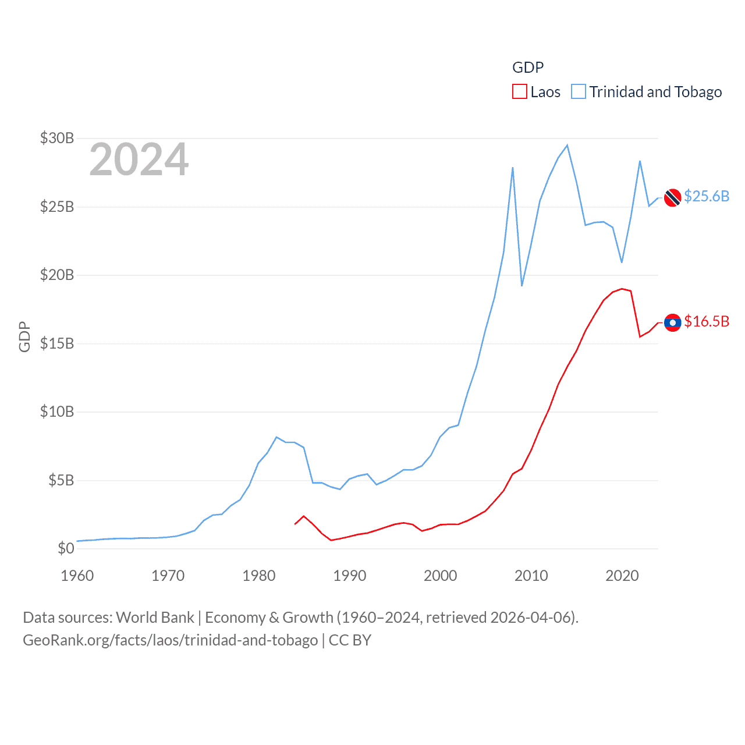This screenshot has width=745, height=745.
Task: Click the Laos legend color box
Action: click(519, 92)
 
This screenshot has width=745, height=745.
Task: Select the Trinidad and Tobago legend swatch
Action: click(578, 92)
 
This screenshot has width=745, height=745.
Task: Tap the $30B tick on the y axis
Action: click(57, 138)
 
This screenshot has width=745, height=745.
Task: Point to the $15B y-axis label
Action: click(57, 343)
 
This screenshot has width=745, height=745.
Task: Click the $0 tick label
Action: click(66, 548)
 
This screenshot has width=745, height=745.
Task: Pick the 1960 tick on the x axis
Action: click(77, 576)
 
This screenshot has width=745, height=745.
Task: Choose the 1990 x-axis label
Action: click(349, 576)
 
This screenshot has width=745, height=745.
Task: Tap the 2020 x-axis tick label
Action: click(622, 576)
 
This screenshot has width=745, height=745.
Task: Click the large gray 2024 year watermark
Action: click(139, 159)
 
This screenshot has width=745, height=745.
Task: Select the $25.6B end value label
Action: click(706, 196)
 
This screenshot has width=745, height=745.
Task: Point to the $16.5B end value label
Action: click(706, 321)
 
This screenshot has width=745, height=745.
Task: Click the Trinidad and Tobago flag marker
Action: click(672, 198)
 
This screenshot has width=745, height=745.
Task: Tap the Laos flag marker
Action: click(672, 322)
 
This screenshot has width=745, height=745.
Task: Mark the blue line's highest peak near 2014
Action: click(567, 145)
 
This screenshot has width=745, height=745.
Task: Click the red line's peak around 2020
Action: click(622, 289)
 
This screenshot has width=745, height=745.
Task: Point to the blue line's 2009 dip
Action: click(522, 286)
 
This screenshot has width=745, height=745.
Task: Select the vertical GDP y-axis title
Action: click(24, 336)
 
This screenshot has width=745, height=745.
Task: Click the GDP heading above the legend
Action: click(527, 68)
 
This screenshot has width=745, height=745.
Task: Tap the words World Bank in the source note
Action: click(155, 618)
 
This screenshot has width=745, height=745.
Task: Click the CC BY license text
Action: click(350, 640)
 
